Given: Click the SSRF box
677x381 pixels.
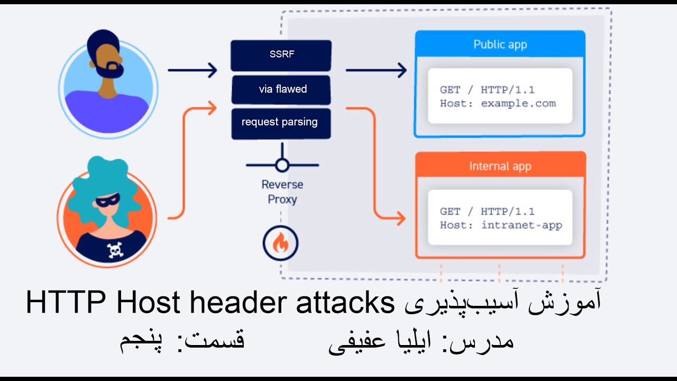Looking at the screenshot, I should point(281,55).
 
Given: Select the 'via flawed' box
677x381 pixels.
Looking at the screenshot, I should point(281,89).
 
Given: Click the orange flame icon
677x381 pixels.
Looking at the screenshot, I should point(281,243).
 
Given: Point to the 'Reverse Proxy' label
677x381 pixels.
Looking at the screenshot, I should point(282,192).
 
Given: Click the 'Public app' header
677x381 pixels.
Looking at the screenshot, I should point(500,44).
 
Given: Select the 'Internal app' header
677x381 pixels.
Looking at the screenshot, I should point(500,166).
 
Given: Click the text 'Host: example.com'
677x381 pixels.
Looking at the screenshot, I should point(498,104).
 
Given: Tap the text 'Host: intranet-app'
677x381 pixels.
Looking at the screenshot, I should point(501,225).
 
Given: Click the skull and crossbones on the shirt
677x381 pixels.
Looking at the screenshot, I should point(115,249).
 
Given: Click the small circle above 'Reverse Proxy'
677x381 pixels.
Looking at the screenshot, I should point(282,165).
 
